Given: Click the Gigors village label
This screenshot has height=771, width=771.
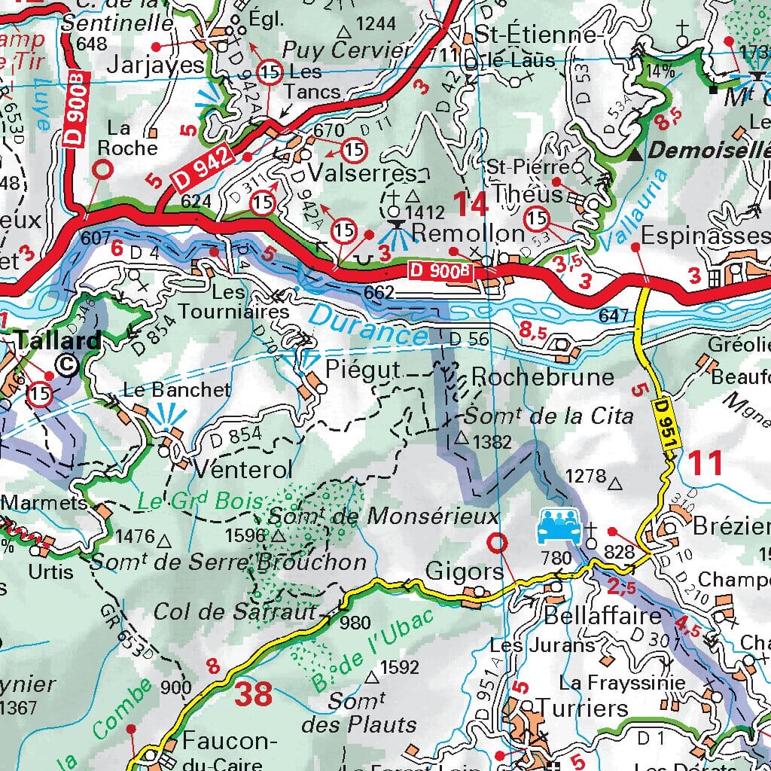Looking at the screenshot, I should (465, 572).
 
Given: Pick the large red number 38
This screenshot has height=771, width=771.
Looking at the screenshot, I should (253, 694).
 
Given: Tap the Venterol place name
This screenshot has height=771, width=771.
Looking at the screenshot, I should (243, 470).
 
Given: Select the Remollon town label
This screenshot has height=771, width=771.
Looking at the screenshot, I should (468, 233).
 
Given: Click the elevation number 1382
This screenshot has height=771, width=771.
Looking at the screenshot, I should (493, 442).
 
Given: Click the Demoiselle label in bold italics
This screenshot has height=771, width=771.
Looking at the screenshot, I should (709, 151).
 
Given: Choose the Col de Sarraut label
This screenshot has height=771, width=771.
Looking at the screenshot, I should (236, 612).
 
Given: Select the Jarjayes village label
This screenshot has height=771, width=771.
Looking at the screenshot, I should (156, 64).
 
